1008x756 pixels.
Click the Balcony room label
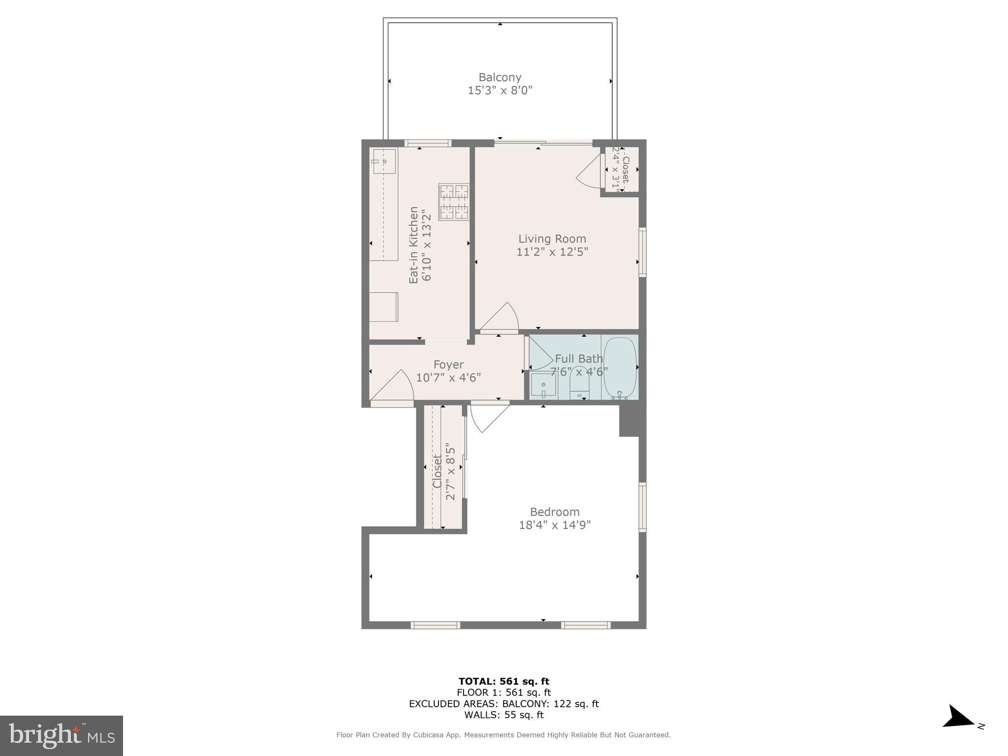pyautogui.click(x=500, y=77)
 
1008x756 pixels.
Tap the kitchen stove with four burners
pyautogui.click(x=454, y=202)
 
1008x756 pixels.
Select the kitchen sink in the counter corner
pyautogui.click(x=384, y=161)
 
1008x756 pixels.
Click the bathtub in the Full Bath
pyautogui.click(x=620, y=367)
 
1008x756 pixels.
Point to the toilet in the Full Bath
pyautogui.click(x=580, y=384)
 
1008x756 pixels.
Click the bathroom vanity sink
pyautogui.click(x=543, y=386)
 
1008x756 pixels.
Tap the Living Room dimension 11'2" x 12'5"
pyautogui.click(x=552, y=252)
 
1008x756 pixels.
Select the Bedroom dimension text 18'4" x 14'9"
pyautogui.click(x=555, y=525)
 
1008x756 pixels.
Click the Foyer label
pyautogui.click(x=448, y=365)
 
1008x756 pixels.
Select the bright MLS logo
pyautogui.click(x=62, y=735)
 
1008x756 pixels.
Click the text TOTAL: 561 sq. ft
pyautogui.click(x=504, y=681)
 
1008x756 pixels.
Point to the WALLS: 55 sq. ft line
pyautogui.click(x=504, y=715)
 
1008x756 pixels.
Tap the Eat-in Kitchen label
pyautogui.click(x=413, y=245)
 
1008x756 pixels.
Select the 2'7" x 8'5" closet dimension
pyautogui.click(x=450, y=471)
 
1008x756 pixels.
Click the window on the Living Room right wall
pyautogui.click(x=642, y=252)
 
